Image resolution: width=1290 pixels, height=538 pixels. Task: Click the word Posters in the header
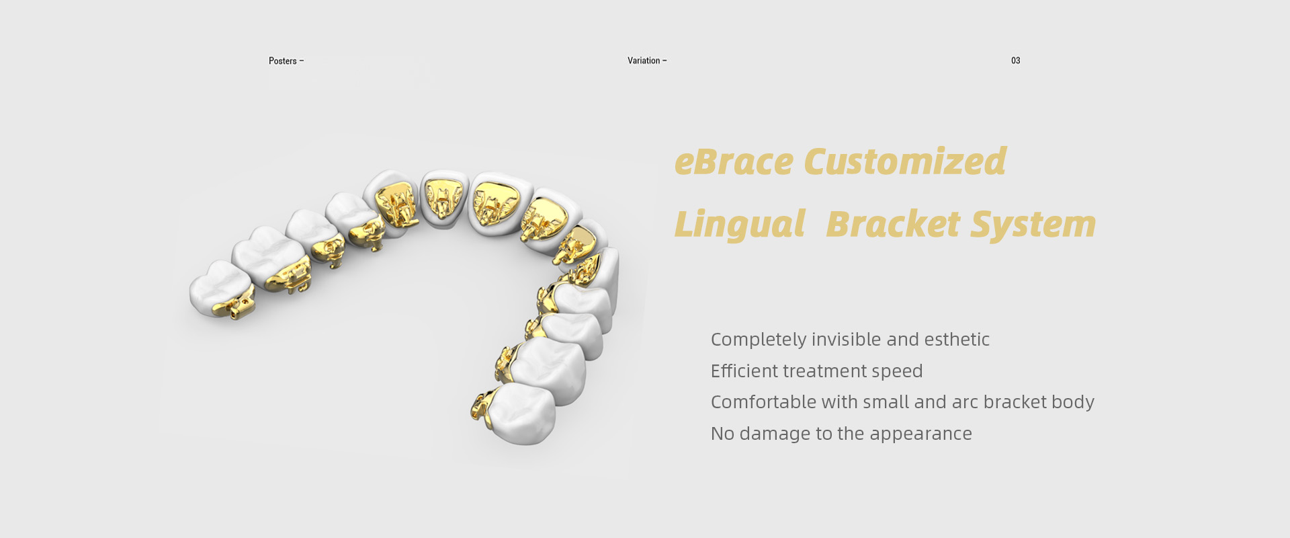coord(283,61)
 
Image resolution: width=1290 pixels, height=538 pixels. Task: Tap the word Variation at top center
coord(644,61)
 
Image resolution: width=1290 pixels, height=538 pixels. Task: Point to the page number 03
coord(1016,61)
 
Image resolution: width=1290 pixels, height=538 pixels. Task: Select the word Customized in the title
coord(905,162)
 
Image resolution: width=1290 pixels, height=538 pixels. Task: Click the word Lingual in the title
coord(739,225)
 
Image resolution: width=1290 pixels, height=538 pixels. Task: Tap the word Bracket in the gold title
coord(893,224)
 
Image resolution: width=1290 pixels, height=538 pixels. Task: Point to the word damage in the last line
coord(775,434)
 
